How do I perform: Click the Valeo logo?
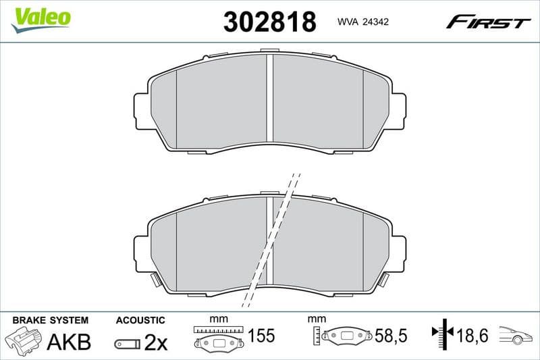click(x=40, y=18)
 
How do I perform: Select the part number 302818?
click(x=269, y=22)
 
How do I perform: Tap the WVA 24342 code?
click(x=361, y=22)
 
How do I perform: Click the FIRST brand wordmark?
click(x=488, y=22)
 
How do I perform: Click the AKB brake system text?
click(x=69, y=342)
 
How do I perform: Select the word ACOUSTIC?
click(x=140, y=319)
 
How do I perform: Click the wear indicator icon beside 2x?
click(x=127, y=344)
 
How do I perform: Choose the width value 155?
click(x=261, y=336)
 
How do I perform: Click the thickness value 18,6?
click(x=473, y=336)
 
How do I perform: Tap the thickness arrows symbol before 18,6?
click(x=441, y=333)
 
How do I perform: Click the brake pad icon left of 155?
click(x=218, y=342)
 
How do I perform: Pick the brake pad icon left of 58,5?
click(x=348, y=336)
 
